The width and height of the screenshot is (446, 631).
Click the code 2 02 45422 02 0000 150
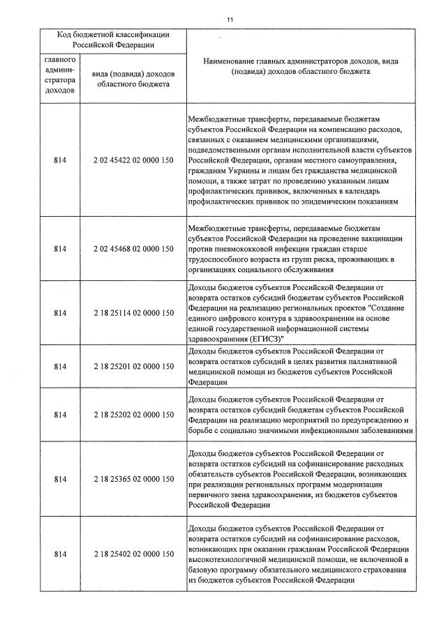pos(133,161)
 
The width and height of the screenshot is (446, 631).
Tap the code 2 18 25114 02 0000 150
pos(133,312)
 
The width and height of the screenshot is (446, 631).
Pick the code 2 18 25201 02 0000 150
pos(133,366)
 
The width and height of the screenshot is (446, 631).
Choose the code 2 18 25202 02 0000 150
pos(133,415)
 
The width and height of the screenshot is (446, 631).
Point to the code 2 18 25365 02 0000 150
pos(133,479)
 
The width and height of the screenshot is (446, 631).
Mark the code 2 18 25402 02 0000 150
pos(133,554)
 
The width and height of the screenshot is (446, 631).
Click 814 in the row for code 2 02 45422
pos(60,161)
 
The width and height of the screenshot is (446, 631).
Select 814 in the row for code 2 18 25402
pos(60,554)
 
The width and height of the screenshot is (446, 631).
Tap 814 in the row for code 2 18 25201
pos(60,366)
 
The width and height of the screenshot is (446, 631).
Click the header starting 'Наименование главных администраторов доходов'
pos(301,66)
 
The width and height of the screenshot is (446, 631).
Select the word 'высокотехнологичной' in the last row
pos(230,558)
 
